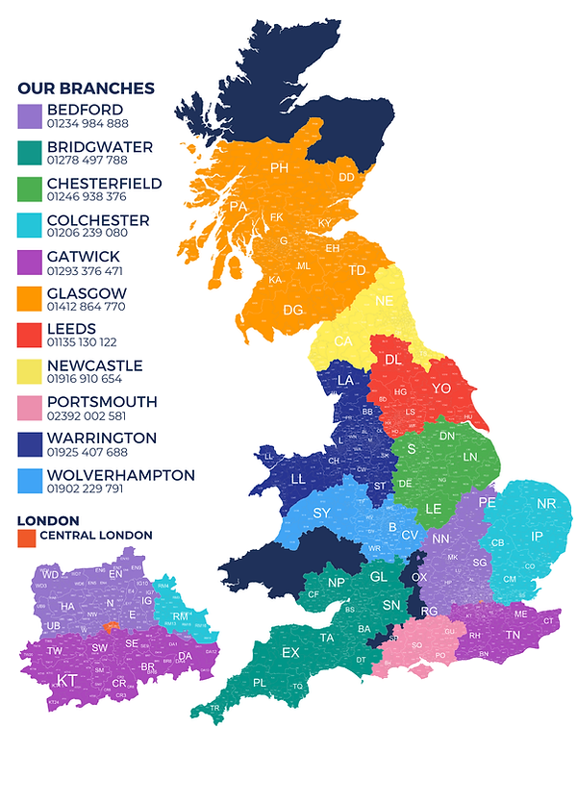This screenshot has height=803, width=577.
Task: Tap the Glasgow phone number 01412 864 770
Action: pos(86,307)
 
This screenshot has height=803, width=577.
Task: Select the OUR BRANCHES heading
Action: pos(86,88)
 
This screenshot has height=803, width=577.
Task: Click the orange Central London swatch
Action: pos(27,536)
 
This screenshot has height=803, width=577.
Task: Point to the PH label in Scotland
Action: pos(280,169)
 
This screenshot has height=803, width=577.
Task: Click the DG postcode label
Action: pos(293,311)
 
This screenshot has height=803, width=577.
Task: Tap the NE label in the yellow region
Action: pos(385,301)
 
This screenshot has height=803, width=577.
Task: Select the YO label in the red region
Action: pos(441,388)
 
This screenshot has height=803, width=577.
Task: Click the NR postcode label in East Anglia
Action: pos(546,504)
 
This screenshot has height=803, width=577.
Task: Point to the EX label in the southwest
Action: pos(290,652)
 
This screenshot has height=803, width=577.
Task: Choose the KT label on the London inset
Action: pos(66,680)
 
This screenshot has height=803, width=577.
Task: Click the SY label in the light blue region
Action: pos(321,513)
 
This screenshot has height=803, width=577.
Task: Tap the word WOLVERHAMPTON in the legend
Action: pos(120,475)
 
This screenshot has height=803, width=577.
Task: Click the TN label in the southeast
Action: pos(513,636)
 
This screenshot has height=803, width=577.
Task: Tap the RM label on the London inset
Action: pos(180,616)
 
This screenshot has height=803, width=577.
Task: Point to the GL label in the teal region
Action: pos(379,576)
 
